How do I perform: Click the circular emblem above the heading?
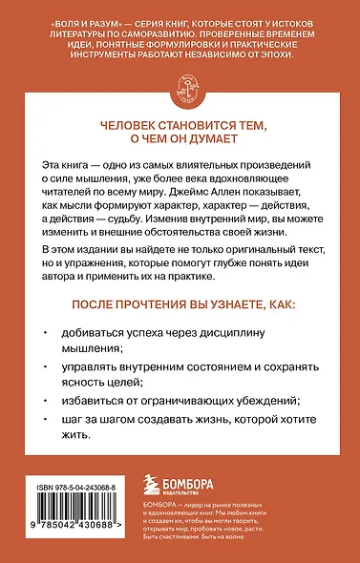pos(180,88)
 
